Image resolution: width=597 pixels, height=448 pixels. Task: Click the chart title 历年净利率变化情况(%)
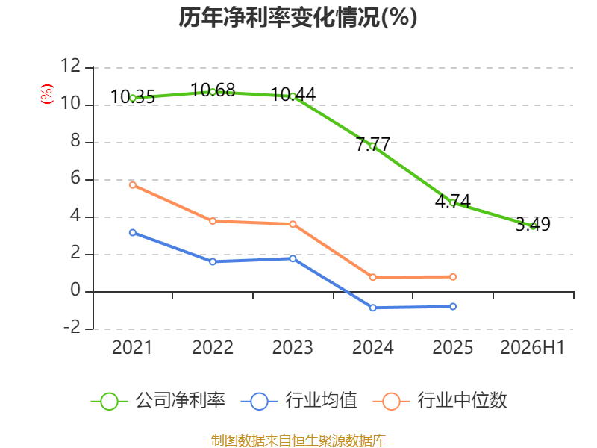[x=298, y=17]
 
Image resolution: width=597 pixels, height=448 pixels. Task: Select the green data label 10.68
[x=213, y=90]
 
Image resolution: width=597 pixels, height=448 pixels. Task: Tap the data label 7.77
[x=373, y=144]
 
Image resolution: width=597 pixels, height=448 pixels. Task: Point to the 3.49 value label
[x=533, y=224]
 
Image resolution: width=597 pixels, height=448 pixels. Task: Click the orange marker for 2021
[x=133, y=185]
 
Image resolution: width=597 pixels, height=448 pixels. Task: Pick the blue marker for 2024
[x=372, y=308]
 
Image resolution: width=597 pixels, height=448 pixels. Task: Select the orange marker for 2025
[x=453, y=276]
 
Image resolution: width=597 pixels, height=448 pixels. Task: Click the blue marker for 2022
[x=213, y=261]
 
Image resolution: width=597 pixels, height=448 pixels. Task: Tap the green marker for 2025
[x=453, y=203]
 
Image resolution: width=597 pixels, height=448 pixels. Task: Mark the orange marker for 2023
[x=293, y=224]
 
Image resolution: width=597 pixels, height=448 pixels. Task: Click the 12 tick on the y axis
[x=70, y=66]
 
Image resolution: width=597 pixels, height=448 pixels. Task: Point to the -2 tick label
[x=72, y=327]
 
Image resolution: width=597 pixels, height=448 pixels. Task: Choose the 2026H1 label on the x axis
[x=532, y=347]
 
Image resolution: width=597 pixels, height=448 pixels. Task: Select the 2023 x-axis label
[x=293, y=347]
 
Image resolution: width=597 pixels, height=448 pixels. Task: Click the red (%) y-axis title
[x=47, y=94]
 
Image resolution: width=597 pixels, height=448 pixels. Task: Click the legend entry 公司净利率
[x=158, y=401]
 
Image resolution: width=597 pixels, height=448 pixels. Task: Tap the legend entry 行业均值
[x=299, y=401]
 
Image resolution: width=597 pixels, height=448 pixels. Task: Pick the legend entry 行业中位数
[x=440, y=401]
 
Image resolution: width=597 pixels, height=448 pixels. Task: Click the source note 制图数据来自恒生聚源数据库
[x=298, y=441]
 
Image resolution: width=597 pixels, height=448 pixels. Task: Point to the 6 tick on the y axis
[x=75, y=178]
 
